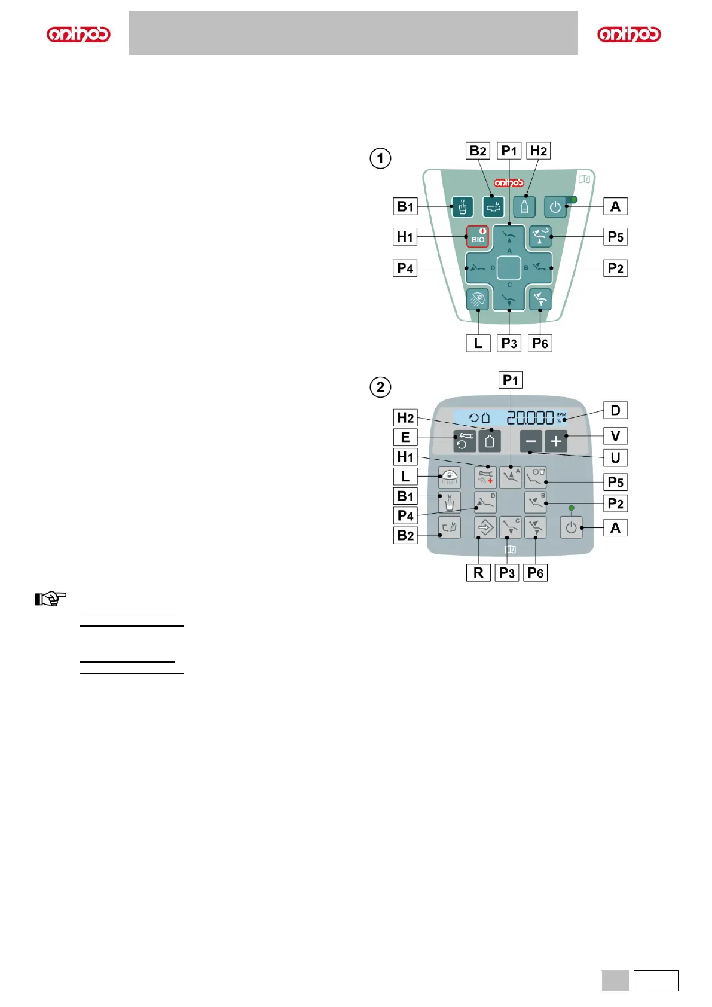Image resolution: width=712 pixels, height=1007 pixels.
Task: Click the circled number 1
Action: tap(380, 158)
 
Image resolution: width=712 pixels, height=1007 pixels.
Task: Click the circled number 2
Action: tap(380, 387)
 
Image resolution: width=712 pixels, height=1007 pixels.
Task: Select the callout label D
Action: tap(615, 410)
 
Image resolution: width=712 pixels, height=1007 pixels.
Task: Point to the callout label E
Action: tap(405, 437)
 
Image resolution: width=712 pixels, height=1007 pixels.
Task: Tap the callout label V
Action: tap(615, 436)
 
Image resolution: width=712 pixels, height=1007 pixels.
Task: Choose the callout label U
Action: tap(615, 458)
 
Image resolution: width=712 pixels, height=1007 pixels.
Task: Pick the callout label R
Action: tap(478, 573)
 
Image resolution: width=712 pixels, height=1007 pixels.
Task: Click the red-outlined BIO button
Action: tap(478, 237)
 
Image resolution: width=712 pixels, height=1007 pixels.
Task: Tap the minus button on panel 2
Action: tap(531, 441)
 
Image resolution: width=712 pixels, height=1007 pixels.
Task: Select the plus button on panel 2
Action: tap(556, 441)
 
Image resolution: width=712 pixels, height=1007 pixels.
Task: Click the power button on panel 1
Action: tap(555, 207)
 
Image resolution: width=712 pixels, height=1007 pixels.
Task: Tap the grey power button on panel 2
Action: tap(571, 528)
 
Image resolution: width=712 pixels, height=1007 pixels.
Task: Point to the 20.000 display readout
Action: tap(530, 417)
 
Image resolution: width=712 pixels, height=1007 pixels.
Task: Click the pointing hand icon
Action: tap(50, 598)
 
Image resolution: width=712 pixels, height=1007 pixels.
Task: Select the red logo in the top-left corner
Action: tap(78, 34)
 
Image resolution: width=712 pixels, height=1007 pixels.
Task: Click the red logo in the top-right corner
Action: tap(629, 34)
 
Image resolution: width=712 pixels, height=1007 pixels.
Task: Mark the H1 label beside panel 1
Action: tap(405, 237)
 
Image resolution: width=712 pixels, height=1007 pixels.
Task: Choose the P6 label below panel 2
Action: tap(536, 573)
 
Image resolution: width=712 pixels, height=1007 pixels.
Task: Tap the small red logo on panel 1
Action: tap(509, 182)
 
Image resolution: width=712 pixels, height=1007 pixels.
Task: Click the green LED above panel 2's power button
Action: tap(571, 508)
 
